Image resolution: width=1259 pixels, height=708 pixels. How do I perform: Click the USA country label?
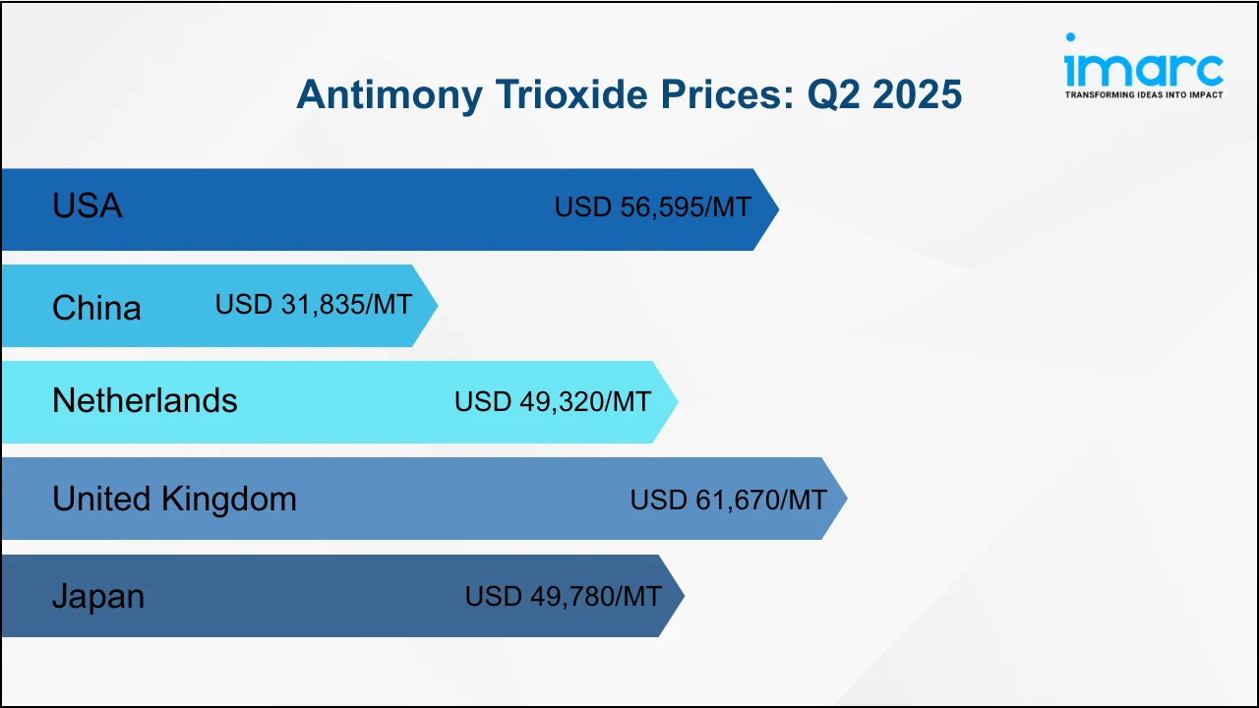[x=88, y=206]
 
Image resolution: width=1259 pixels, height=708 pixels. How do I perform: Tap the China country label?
[x=96, y=308]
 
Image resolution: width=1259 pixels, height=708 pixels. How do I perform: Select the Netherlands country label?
[x=145, y=400]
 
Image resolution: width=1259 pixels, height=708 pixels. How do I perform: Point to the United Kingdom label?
[x=174, y=499]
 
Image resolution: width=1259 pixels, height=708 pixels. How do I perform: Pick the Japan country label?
[x=98, y=596]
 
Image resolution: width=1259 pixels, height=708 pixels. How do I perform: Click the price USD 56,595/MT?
[x=652, y=206]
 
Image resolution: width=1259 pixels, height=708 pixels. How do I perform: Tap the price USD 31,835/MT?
[x=314, y=304]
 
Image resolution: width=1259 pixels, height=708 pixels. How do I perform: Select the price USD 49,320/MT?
[x=553, y=401]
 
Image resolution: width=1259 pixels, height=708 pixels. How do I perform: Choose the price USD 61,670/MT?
[x=729, y=500]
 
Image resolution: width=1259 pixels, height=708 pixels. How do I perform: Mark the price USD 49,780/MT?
[x=564, y=596]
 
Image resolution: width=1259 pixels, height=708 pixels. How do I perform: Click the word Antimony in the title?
[x=390, y=94]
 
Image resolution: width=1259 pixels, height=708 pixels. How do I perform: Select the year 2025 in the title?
[x=917, y=93]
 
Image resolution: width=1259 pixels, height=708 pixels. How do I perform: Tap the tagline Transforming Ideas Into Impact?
[x=1144, y=95]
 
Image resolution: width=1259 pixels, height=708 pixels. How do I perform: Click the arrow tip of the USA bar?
[x=778, y=209]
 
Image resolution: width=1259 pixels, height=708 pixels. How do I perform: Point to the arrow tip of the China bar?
[x=438, y=306]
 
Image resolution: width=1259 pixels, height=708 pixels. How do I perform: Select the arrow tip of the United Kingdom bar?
[x=847, y=499]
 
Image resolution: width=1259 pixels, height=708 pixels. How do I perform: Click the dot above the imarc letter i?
[x=1070, y=37]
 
